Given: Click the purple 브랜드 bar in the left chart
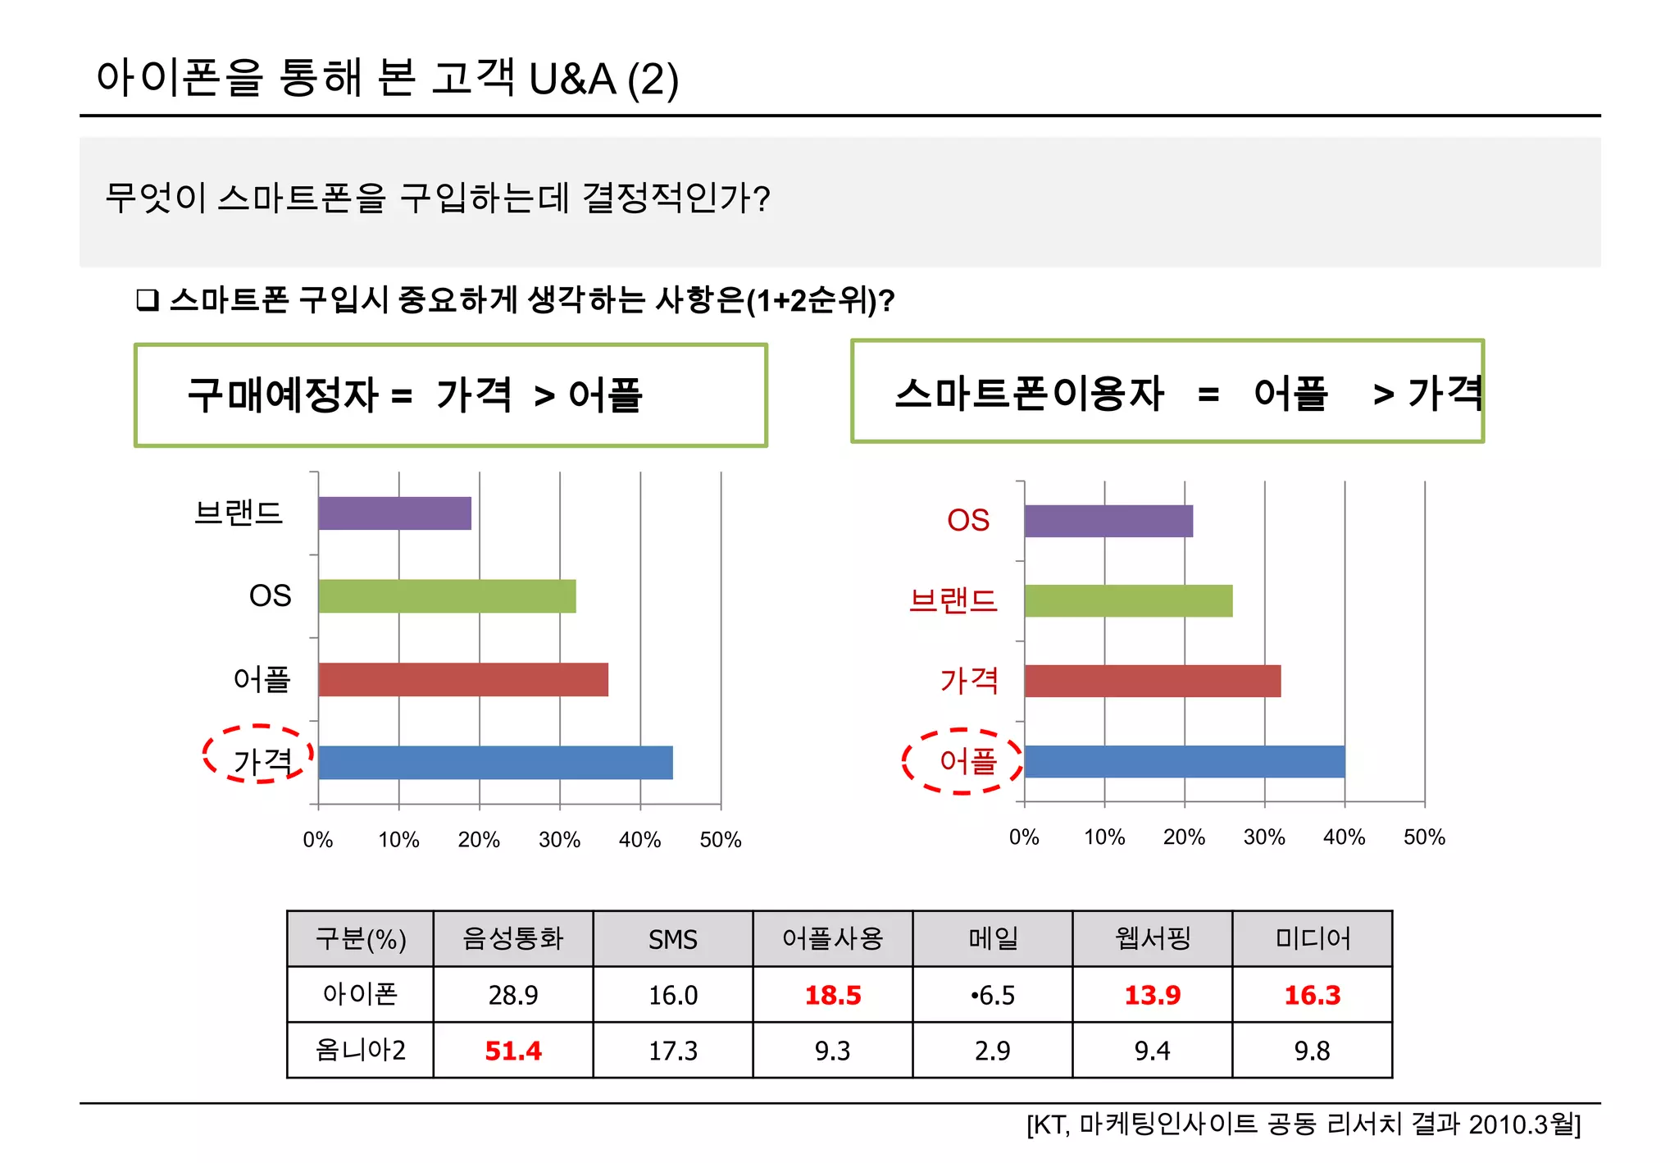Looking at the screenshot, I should tap(394, 513).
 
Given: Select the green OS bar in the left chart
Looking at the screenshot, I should tap(447, 596).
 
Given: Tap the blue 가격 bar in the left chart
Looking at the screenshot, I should tap(495, 763).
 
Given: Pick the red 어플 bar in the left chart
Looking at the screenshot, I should tap(463, 680).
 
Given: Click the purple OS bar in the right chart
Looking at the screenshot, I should tap(1108, 521).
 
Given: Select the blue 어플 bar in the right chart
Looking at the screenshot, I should tap(1185, 761).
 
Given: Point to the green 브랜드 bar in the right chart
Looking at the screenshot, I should tap(1128, 601).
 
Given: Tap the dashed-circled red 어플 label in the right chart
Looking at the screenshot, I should tap(967, 761).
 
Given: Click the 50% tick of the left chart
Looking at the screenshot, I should tap(720, 840).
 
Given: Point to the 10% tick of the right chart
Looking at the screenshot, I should tap(1103, 837).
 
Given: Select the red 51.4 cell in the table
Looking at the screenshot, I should tap(513, 1051).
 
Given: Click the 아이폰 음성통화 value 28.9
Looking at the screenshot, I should tap(513, 995).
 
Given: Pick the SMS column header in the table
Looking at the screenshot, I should tap(673, 939).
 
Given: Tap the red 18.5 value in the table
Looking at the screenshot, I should tap(833, 995).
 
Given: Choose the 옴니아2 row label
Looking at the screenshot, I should tap(360, 1051).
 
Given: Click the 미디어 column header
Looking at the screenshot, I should tap(1313, 939).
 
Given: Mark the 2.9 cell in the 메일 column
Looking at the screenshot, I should tap(993, 1051).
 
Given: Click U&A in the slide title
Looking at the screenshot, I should tap(572, 80).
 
